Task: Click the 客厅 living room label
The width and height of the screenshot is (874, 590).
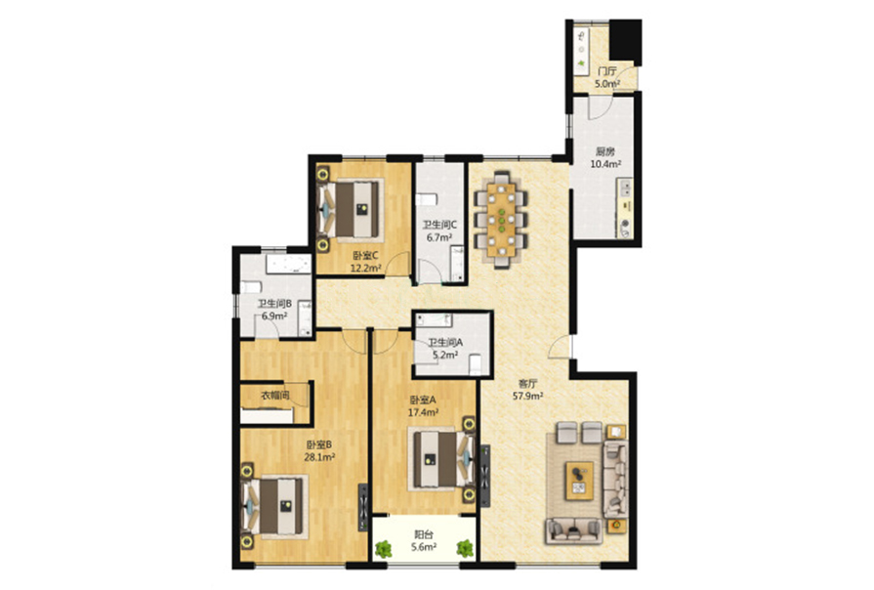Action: click(527, 384)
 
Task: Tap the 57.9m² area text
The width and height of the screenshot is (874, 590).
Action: click(528, 397)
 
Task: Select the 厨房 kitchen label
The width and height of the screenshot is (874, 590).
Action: click(605, 151)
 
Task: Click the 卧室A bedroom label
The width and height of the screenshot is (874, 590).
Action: click(423, 400)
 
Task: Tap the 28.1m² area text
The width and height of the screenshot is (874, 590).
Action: click(319, 457)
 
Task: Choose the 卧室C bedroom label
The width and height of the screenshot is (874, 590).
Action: click(365, 255)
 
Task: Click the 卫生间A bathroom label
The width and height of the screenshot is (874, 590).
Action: click(445, 343)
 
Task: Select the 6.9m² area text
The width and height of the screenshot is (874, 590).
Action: click(274, 316)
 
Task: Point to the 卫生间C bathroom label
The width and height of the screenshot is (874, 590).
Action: click(439, 225)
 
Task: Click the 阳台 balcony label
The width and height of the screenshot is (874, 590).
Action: click(424, 534)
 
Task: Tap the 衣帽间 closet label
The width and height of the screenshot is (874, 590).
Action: click(275, 396)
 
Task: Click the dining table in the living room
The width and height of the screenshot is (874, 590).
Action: click(502, 221)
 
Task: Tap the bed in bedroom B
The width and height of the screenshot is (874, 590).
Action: click(274, 507)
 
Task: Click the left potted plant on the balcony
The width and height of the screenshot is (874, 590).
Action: click(383, 549)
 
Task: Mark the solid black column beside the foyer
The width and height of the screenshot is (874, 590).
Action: click(625, 40)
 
